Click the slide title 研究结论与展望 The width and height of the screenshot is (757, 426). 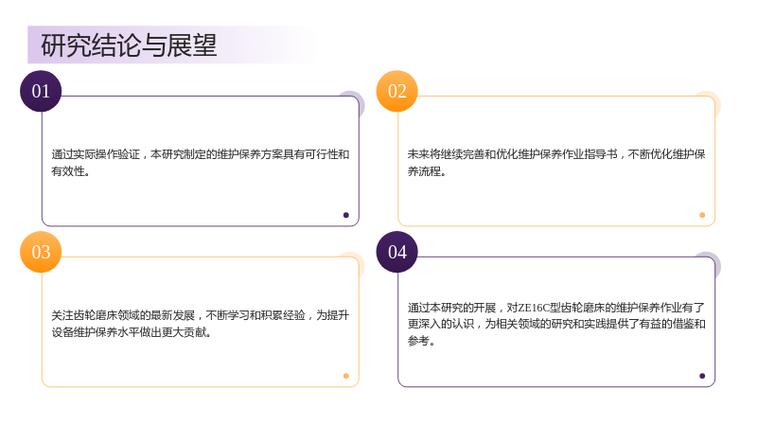pyautogui.click(x=129, y=45)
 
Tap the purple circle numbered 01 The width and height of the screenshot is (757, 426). pyautogui.click(x=41, y=91)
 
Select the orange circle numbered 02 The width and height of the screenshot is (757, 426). pyautogui.click(x=396, y=91)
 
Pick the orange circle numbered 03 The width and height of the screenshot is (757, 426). pyautogui.click(x=41, y=252)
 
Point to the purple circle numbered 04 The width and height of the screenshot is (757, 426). pyautogui.click(x=396, y=252)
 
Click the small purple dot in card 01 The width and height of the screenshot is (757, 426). pyautogui.click(x=346, y=215)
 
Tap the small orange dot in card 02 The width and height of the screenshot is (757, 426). pyautogui.click(x=702, y=215)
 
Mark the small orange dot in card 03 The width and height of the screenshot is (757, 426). pyautogui.click(x=346, y=376)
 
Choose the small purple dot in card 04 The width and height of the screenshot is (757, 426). pyautogui.click(x=702, y=376)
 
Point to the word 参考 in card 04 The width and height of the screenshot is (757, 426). pyautogui.click(x=418, y=341)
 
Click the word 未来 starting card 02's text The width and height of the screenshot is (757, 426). pyautogui.click(x=418, y=154)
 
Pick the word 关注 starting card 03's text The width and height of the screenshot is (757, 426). pyautogui.click(x=62, y=315)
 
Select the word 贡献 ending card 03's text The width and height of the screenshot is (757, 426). pyautogui.click(x=196, y=332)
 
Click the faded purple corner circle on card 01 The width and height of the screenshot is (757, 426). pyautogui.click(x=357, y=99)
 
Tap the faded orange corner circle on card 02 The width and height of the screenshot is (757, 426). pyautogui.click(x=713, y=99)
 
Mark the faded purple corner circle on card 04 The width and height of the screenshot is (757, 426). pyautogui.click(x=713, y=260)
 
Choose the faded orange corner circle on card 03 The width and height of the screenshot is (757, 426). pyautogui.click(x=357, y=260)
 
